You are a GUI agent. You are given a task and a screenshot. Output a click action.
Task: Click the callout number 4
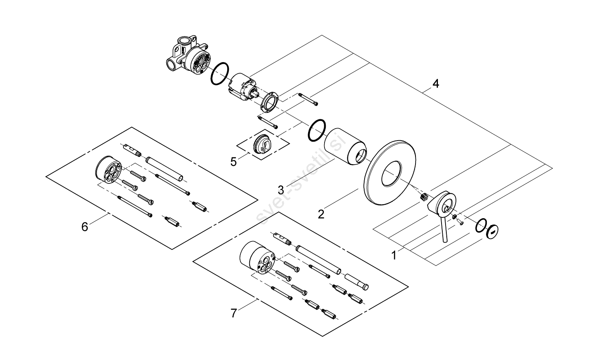tap(436, 84)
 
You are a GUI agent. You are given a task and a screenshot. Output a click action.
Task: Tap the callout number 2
tap(321, 214)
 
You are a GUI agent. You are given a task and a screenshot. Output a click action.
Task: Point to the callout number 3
tap(281, 189)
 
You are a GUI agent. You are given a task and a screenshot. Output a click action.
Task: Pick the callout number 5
tap(234, 162)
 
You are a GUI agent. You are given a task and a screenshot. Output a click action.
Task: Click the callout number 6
tap(85, 227)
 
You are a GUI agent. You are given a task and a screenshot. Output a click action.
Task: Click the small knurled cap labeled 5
tap(263, 142)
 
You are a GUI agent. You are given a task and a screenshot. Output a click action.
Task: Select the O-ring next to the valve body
tap(219, 74)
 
